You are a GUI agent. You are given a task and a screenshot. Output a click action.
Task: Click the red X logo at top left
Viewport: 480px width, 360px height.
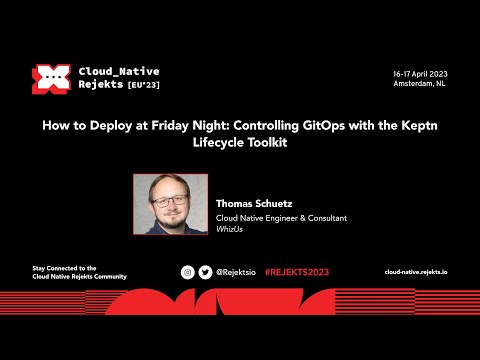[x=49, y=79]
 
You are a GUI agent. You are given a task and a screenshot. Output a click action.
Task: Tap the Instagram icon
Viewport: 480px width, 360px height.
[x=187, y=272]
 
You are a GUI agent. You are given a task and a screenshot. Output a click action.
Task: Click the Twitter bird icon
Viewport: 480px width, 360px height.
[x=205, y=272]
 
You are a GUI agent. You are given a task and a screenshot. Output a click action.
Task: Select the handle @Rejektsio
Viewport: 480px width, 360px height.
[x=237, y=272]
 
